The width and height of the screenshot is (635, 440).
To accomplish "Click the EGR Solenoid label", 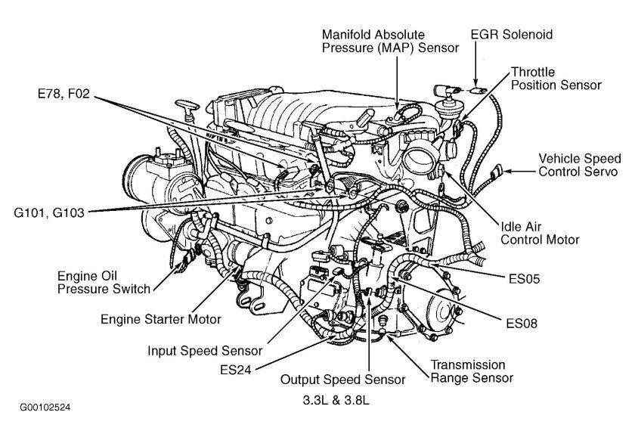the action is tap(512, 35).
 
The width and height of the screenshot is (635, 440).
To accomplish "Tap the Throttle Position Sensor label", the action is tap(556, 79).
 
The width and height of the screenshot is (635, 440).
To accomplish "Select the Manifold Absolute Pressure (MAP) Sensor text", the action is tap(390, 41).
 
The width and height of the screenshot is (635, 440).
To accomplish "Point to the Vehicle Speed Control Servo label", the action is tap(580, 165).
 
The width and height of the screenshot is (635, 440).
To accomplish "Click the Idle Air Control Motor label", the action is tap(540, 233).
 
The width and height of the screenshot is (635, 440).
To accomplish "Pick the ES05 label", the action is tap(525, 279).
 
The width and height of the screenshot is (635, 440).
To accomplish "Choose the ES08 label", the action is tap(522, 324).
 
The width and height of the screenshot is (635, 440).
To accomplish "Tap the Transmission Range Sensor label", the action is tap(472, 371).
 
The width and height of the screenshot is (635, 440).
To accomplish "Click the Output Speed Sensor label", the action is tap(342, 380).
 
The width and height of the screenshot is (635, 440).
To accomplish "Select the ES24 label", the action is tap(236, 370).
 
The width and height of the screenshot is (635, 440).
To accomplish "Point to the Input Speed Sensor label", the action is tap(205, 351).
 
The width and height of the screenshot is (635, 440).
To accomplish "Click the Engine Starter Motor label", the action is tap(161, 319).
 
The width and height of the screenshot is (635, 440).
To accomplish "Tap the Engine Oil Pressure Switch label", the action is tap(104, 283).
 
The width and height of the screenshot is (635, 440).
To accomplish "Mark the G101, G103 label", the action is tap(49, 212).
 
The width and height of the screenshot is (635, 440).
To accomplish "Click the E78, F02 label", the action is tap(63, 94).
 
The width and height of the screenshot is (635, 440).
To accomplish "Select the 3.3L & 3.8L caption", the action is tap(336, 401).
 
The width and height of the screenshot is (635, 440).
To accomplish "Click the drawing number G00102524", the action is tap(45, 407).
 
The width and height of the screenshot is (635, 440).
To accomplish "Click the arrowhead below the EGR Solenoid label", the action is tap(475, 82).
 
